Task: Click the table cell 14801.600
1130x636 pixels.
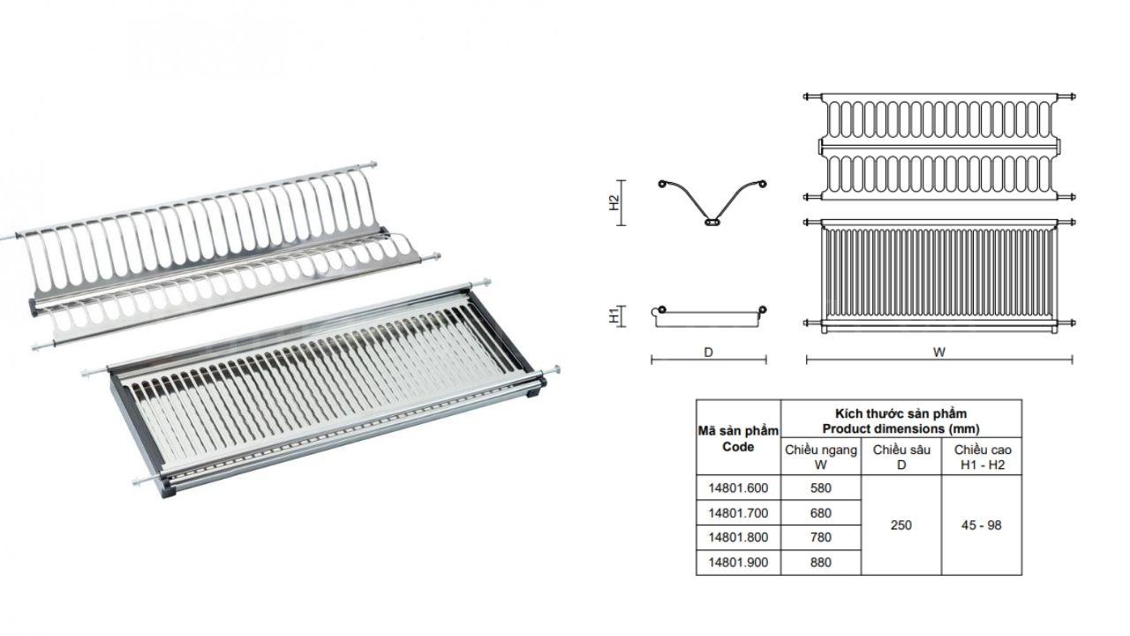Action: pos(738,488)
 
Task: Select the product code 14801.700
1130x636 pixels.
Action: pos(738,512)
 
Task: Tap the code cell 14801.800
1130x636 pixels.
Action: pos(738,537)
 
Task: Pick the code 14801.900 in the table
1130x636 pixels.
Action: pos(738,562)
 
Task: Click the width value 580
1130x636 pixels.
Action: pos(820,488)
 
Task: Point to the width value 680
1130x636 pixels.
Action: pos(820,512)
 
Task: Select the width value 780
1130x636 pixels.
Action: pos(820,537)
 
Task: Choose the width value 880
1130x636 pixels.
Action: pos(820,562)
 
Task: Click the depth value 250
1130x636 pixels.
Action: pos(901,525)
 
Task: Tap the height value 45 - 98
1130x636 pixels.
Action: pos(983,525)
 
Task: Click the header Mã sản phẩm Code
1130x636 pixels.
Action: pos(738,438)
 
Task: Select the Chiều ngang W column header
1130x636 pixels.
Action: pos(820,457)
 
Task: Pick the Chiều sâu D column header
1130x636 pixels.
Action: pos(901,457)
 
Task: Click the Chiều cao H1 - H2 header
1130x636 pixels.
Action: pos(983,457)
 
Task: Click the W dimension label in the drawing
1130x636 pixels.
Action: pos(939,352)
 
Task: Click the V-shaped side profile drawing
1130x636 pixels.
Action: pos(712,201)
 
